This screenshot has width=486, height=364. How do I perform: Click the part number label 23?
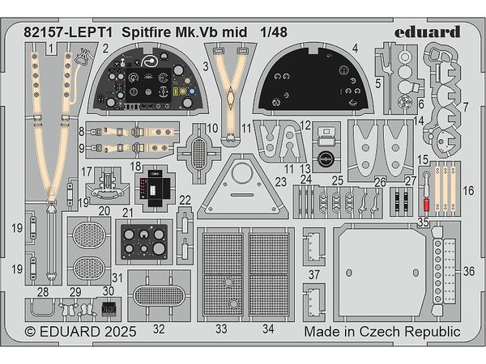[x=280, y=183]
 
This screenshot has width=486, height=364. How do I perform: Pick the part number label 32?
[x=159, y=328]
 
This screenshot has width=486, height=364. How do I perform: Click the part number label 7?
[x=465, y=107]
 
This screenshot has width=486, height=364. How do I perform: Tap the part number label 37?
[x=313, y=274]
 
